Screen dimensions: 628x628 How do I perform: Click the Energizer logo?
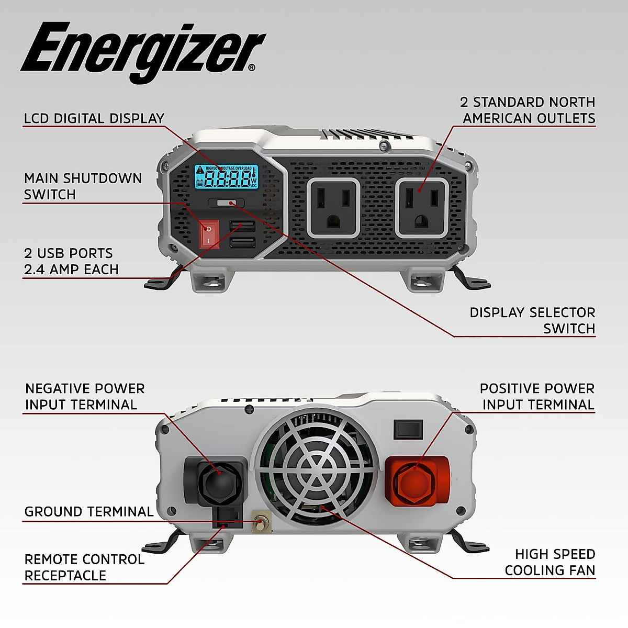(142, 50)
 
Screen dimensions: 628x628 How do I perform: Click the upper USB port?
(242, 226)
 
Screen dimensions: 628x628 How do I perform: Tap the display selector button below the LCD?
(226, 203)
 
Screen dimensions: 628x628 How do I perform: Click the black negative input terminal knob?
(216, 480)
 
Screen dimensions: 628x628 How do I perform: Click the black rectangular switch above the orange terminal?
(408, 429)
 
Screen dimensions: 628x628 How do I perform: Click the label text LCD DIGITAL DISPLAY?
(94, 118)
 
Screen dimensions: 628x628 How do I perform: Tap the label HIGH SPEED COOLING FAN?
(549, 562)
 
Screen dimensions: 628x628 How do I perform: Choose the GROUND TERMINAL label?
(89, 512)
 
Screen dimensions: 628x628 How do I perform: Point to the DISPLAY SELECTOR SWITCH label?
(532, 320)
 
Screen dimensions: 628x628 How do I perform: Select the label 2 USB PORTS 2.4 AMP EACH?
(71, 261)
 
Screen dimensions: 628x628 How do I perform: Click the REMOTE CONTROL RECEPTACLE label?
(84, 567)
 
